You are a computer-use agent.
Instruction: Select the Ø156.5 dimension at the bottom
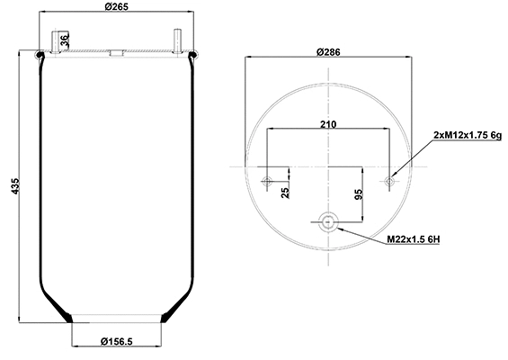(117, 341)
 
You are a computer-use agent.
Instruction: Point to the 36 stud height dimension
(64, 40)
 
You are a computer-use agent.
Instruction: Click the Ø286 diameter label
(328, 53)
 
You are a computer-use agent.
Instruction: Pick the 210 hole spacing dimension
(328, 123)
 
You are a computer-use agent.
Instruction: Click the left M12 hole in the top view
(266, 182)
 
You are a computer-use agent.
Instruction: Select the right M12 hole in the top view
(389, 182)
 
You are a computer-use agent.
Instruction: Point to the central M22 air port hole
(328, 222)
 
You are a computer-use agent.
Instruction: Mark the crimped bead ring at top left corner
(40, 57)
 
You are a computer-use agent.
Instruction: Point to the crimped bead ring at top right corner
(194, 57)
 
